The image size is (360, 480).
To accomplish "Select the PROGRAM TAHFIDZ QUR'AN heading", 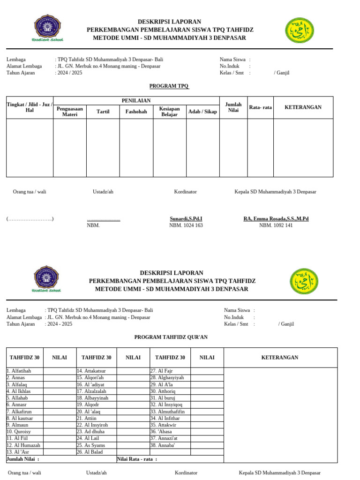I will [x=171, y=337].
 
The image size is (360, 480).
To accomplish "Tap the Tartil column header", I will [x=103, y=112].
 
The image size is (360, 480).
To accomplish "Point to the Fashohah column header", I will [x=136, y=112].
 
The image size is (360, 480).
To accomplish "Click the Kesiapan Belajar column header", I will [x=169, y=112].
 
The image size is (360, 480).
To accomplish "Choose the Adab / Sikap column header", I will [x=202, y=112].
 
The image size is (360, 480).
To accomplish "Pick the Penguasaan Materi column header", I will [x=69, y=112].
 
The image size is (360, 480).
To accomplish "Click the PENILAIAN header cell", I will [x=136, y=101].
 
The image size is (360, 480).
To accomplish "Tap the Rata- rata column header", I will [x=260, y=107].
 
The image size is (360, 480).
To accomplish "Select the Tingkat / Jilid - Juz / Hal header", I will [x=30, y=107].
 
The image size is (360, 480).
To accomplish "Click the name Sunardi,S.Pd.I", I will [x=186, y=219].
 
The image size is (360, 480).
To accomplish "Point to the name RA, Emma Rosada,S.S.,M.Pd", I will [x=276, y=219].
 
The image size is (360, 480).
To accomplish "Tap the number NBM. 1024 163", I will [x=186, y=225].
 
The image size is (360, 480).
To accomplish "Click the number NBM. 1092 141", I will [x=276, y=225].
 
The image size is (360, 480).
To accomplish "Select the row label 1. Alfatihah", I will [x=18, y=371].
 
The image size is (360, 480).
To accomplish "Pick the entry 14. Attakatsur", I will [x=91, y=371].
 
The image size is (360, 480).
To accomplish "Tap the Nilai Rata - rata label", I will [x=137, y=459].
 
